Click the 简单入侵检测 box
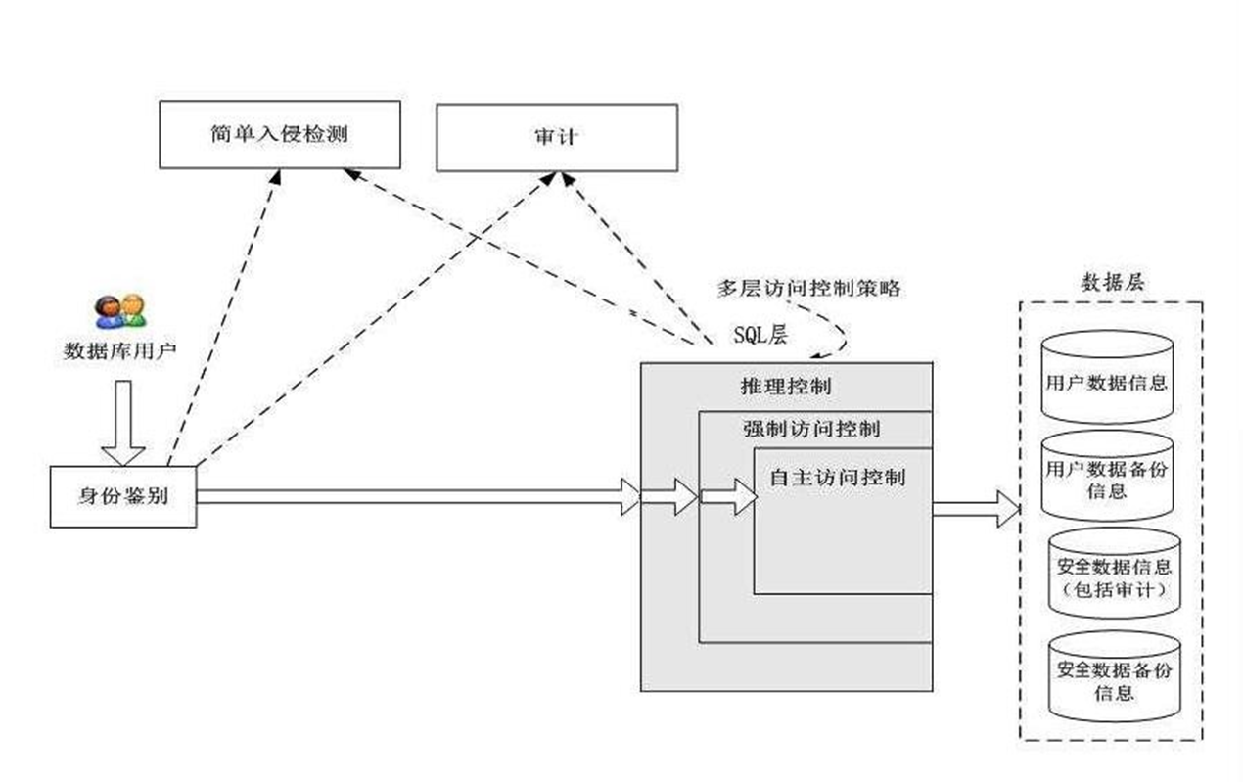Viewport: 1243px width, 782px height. [280, 134]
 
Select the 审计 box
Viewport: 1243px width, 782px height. [557, 138]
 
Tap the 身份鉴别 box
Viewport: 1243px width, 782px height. [123, 497]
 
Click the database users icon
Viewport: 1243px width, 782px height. [120, 311]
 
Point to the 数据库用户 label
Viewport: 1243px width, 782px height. [119, 350]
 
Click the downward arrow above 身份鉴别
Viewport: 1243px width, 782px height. [123, 423]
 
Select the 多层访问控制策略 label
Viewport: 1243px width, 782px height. [808, 289]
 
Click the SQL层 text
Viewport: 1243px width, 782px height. [760, 335]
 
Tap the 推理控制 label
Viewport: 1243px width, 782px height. [786, 387]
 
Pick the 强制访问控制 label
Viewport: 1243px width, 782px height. [811, 429]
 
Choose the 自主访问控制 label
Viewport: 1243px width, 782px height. [838, 478]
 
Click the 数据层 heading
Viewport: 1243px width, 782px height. [1113, 283]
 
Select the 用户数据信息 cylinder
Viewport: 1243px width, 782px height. [1107, 378]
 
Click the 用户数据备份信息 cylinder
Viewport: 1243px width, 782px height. [1107, 477]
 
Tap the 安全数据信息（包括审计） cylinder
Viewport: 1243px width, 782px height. [1114, 574]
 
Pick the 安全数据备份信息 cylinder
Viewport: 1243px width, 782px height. [1114, 677]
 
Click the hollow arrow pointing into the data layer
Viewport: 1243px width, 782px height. [977, 508]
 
